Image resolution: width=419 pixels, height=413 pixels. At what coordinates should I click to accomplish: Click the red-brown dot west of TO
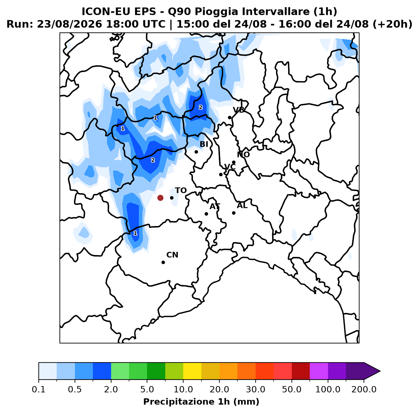160,198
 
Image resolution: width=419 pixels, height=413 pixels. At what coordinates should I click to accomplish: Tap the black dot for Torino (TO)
172,198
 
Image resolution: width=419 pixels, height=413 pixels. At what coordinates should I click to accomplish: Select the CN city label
172,255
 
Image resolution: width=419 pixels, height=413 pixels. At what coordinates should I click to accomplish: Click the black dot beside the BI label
196,152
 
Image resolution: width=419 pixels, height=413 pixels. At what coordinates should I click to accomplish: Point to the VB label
239,110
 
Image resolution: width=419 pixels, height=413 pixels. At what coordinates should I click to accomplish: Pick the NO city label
243,155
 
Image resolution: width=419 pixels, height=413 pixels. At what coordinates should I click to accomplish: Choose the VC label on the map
230,167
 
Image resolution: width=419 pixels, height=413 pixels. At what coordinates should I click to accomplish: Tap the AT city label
215,206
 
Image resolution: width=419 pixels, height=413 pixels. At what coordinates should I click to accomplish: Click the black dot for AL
234,213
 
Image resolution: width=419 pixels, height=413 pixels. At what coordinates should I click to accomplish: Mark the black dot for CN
163,262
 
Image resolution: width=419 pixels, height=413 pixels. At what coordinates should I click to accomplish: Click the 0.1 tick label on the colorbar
39,389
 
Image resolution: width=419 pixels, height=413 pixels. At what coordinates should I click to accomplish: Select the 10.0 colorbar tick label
183,389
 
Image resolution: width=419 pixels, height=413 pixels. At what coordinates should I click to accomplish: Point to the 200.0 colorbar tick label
364,389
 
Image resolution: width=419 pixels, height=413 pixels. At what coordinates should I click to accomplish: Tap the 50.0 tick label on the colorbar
292,389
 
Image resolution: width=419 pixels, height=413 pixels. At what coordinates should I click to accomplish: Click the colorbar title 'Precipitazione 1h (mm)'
201,401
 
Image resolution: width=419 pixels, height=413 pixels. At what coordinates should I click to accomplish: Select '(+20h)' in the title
392,24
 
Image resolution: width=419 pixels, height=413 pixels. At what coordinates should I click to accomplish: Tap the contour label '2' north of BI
201,107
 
